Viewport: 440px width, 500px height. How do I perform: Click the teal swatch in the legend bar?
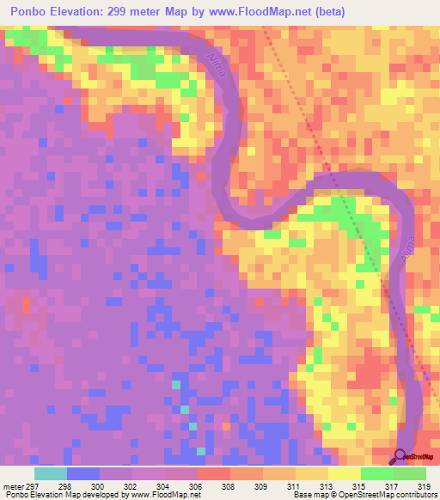[x=51, y=473]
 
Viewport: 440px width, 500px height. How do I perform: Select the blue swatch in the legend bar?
[x=83, y=473]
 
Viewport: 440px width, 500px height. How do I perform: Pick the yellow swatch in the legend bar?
[x=345, y=473]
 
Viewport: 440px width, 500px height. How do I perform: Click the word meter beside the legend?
[x=13, y=485]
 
